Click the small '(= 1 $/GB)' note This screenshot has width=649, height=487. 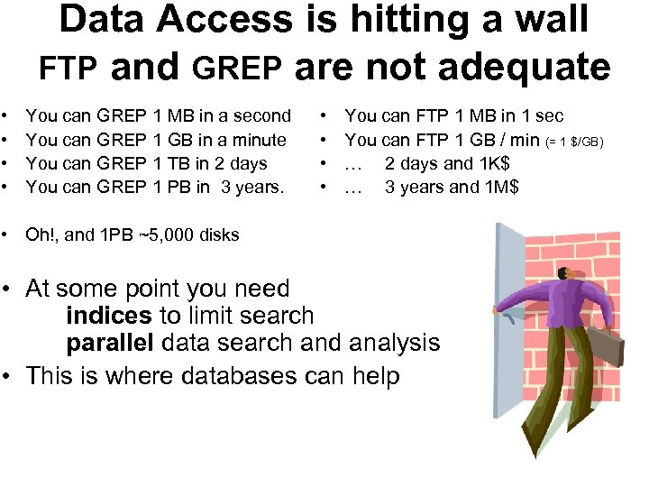[580, 141]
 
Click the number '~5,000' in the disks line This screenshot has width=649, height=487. [169, 234]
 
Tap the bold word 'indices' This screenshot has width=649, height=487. [109, 316]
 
